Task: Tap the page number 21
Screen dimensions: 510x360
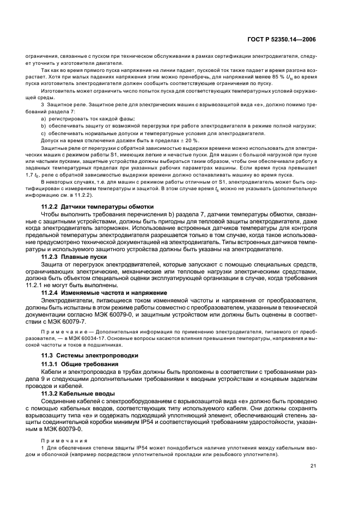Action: click(x=313, y=465)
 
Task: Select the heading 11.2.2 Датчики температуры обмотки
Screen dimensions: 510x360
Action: click(x=97, y=207)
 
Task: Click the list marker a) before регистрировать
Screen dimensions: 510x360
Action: click(x=44, y=118)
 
